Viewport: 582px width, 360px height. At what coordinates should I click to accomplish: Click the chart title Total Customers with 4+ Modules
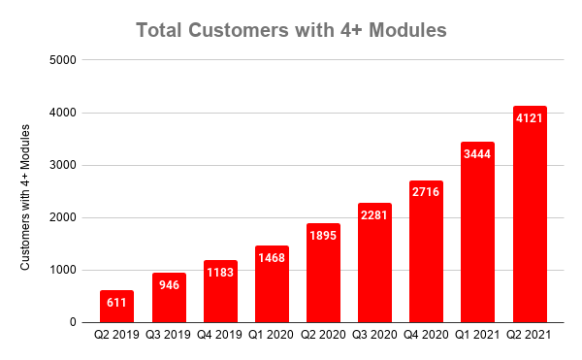click(291, 30)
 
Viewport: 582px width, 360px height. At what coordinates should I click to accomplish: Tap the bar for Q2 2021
click(529, 214)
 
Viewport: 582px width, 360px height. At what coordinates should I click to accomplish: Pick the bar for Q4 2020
click(426, 251)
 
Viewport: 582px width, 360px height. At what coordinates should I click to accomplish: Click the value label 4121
click(529, 117)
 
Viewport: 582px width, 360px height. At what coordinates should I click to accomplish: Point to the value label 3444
click(477, 153)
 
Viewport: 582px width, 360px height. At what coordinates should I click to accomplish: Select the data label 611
click(117, 302)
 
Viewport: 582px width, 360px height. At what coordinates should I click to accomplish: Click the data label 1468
click(272, 257)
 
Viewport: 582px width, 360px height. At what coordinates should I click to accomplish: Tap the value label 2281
click(374, 214)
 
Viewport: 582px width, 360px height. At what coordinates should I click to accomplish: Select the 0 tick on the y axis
click(74, 322)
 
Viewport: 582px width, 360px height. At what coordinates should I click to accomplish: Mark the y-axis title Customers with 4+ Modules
click(26, 191)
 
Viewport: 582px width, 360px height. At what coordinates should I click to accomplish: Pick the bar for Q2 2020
click(323, 273)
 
